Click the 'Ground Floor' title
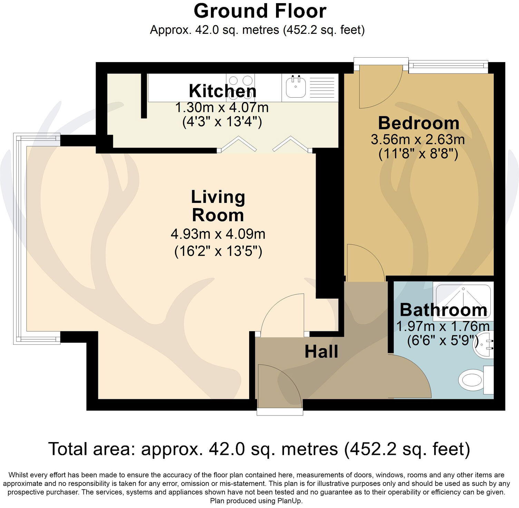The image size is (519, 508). (x=260, y=11)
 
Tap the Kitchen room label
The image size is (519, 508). (x=223, y=91)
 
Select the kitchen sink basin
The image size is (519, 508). (x=295, y=88)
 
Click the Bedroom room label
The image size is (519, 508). (x=419, y=123)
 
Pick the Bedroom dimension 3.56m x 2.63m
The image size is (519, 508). (x=418, y=140)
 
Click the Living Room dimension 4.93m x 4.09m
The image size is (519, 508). (x=218, y=234)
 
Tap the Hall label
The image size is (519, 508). (x=321, y=352)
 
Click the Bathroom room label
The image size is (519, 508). (x=443, y=310)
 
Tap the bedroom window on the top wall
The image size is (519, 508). (x=448, y=66)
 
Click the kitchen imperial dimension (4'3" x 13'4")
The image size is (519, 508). (x=222, y=122)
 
